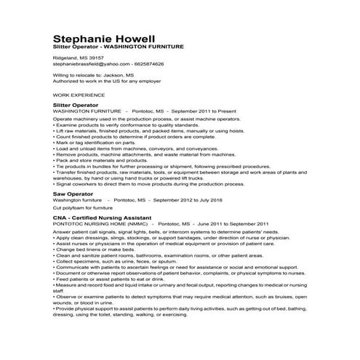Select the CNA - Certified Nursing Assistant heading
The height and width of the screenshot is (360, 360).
point(102,217)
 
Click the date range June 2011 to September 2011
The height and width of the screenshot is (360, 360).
point(230,224)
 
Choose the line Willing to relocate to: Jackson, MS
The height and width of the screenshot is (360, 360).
point(93,74)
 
